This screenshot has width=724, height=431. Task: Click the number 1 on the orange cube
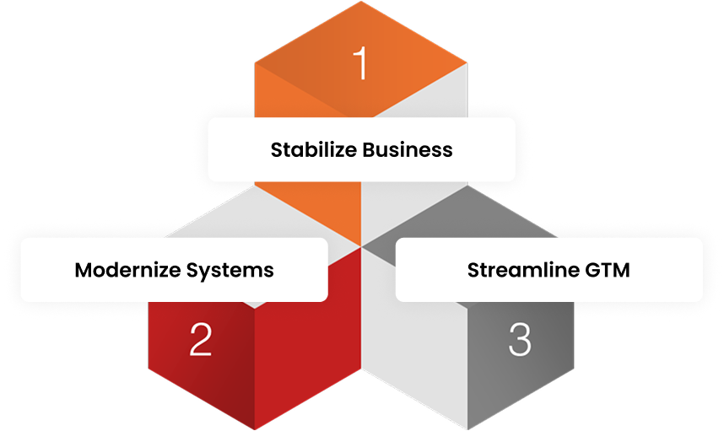pos(361,64)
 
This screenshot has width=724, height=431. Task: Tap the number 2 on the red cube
pos(201,339)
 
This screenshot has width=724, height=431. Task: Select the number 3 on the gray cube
pos(520,339)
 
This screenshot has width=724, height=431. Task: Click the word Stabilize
pos(313,150)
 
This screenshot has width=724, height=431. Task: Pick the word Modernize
pos(124,270)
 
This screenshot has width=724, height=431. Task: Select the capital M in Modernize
pos(83,270)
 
